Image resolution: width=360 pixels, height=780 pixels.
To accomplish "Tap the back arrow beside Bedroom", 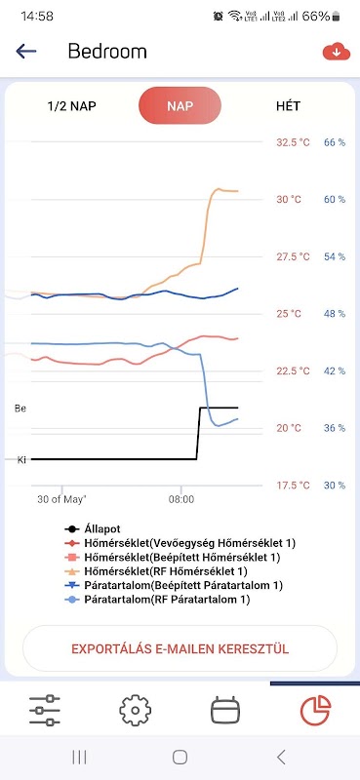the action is coord(26,51).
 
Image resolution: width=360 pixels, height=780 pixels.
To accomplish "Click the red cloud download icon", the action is coord(337,51).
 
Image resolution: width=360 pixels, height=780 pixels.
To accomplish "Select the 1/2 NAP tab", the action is coord(71,106).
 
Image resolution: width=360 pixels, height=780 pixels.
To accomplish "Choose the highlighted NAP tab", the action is coord(180,105).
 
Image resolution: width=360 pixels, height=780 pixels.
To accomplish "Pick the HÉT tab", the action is coord(289,106).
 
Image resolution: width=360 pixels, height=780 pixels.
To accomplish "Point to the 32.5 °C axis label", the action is coord(293,142).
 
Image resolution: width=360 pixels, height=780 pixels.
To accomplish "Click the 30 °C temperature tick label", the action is coord(289,200).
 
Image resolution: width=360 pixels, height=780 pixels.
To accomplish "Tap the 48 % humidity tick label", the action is coord(335,314).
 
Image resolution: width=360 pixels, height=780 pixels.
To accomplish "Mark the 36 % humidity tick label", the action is coord(335,428).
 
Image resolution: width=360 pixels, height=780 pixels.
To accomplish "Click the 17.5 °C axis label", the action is coord(293,486).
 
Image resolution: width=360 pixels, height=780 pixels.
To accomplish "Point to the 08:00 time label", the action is coord(181,499).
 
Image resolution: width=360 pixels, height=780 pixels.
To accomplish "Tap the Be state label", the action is coord(20,409).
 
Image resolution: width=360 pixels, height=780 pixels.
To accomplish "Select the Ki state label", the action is coord(21,460).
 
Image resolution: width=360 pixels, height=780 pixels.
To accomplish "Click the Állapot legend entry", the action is coord(93,529).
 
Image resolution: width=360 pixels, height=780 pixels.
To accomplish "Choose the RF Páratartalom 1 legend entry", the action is coord(157,600).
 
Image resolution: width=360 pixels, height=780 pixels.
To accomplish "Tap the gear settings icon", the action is coord(135,710).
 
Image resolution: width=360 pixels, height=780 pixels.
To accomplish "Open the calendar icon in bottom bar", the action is coord(225,710).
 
